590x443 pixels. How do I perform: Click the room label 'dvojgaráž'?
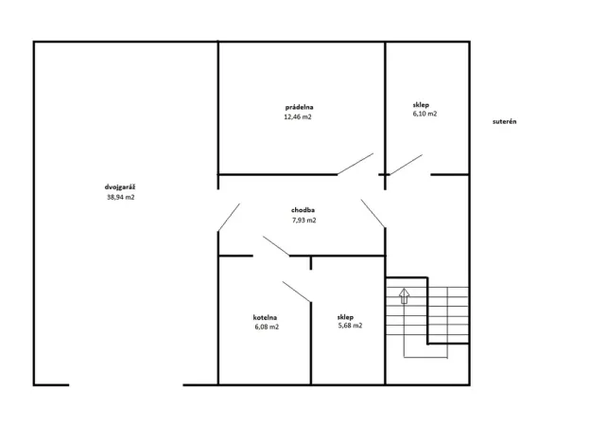(120, 186)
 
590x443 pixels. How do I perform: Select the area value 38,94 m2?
(120, 197)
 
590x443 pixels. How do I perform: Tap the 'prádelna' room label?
(298, 107)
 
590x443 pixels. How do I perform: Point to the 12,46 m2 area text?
(298, 117)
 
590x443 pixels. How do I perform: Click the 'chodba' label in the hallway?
(303, 209)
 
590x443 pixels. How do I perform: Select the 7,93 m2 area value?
(303, 220)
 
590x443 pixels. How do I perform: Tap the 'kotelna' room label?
(266, 316)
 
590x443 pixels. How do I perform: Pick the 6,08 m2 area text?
(266, 327)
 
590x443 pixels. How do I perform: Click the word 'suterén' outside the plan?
(505, 121)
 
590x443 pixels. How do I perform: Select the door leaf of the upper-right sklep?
(405, 165)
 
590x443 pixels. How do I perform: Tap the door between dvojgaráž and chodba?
(228, 217)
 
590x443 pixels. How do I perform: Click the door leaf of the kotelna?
(297, 292)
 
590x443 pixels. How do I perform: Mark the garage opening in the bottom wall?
(126, 384)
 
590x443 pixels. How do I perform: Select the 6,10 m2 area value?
(425, 114)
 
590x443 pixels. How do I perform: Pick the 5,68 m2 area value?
(349, 326)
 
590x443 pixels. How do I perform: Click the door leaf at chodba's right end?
(373, 213)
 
